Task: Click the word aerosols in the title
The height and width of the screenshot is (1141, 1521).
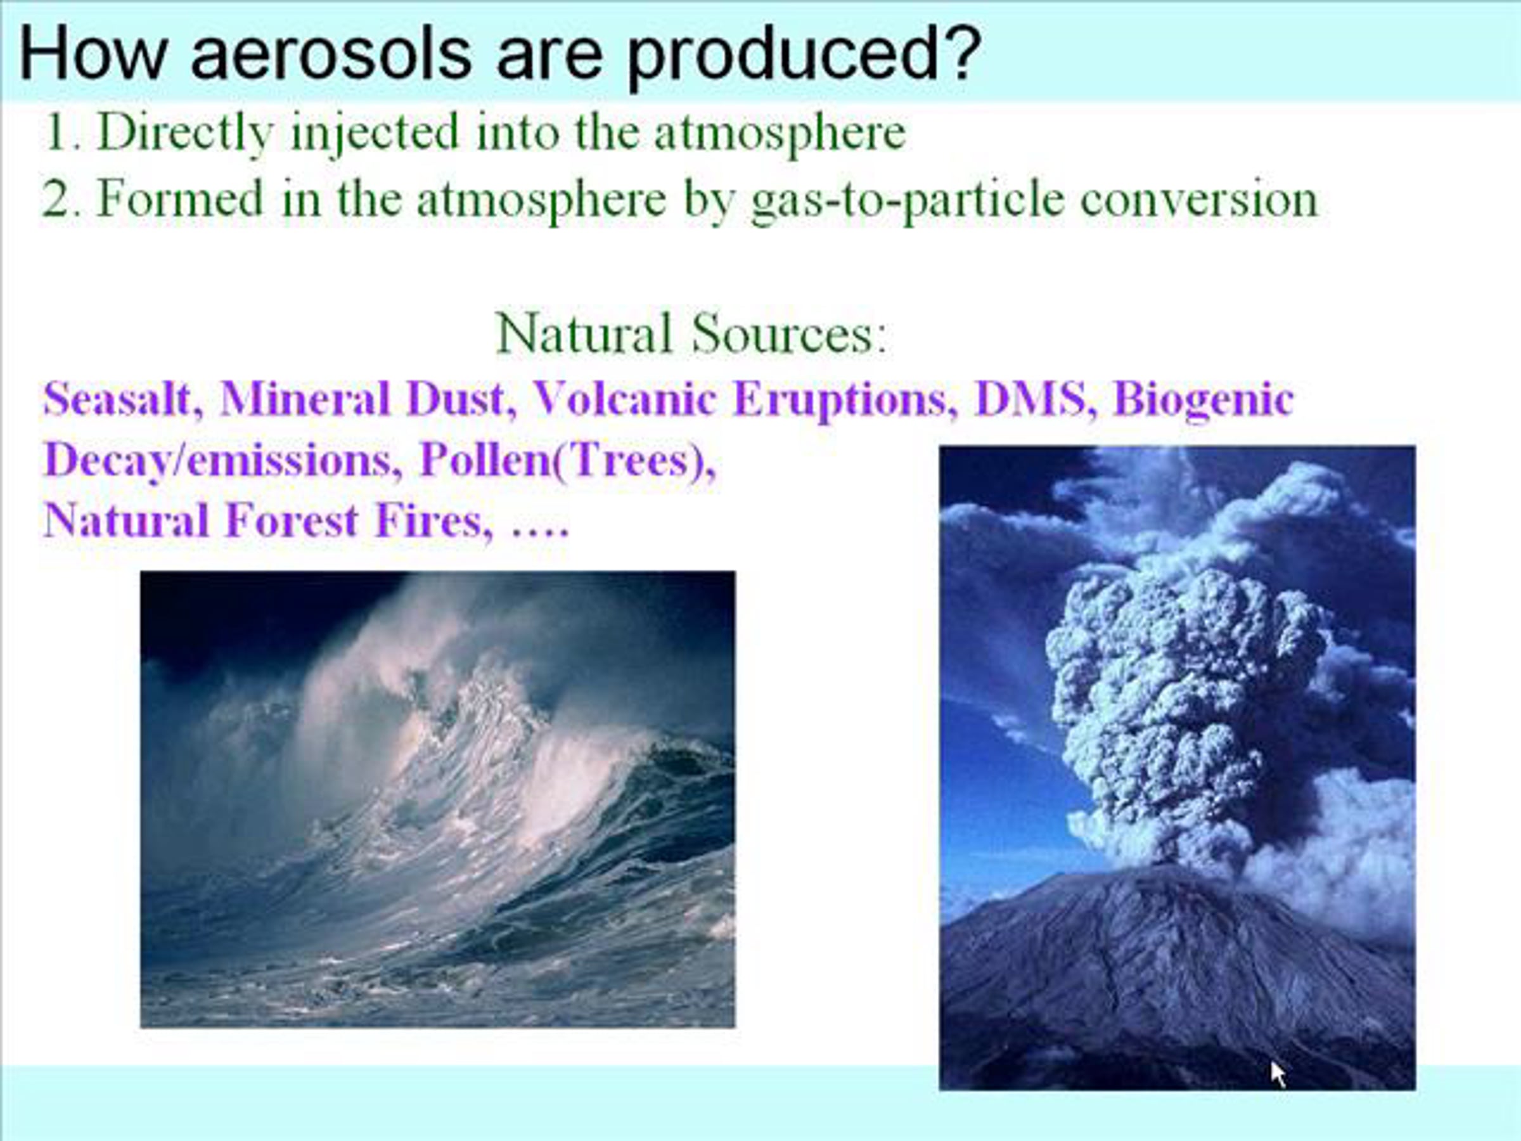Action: (x=331, y=54)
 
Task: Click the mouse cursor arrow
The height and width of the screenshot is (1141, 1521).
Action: (x=1278, y=1074)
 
